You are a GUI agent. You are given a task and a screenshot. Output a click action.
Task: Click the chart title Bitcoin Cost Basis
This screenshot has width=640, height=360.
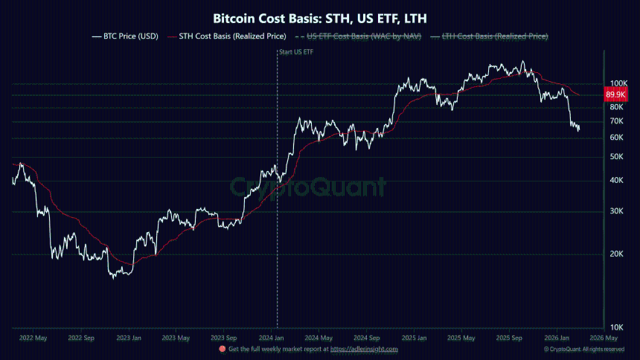[320, 16]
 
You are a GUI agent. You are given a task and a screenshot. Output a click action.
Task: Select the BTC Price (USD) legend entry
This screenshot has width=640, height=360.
[124, 36]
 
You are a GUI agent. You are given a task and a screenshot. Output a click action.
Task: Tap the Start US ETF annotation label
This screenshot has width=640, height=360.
[295, 52]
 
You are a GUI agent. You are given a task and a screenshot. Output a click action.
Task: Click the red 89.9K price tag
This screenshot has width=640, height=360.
[615, 95]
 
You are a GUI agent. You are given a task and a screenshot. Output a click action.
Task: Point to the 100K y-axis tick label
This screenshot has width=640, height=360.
[619, 83]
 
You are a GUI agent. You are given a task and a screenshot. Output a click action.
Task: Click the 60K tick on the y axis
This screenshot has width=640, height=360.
[617, 138]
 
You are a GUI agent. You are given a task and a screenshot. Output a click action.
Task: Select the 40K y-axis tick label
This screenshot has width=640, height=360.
[617, 181]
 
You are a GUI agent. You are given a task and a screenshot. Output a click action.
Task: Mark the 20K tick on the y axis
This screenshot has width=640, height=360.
[617, 254]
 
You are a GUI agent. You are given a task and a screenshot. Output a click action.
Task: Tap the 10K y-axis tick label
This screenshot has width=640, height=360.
[617, 327]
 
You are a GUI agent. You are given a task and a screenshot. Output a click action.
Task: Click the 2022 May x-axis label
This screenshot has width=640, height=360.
[31, 337]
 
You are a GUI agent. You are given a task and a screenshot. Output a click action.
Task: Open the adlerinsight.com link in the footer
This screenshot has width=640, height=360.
[365, 349]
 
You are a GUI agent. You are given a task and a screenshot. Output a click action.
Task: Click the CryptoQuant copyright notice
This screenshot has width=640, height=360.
[584, 349]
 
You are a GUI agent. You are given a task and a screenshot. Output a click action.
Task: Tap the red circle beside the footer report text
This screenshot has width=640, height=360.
[223, 349]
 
